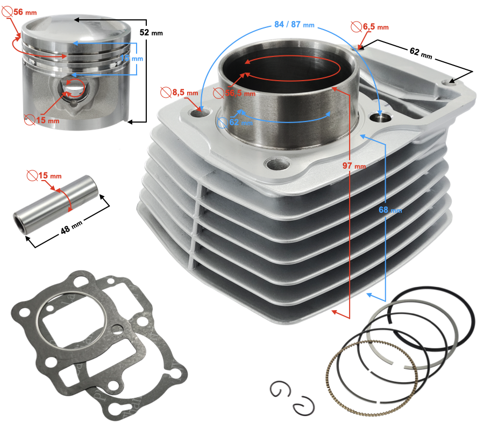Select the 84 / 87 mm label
(294, 24)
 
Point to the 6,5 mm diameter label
(374, 26)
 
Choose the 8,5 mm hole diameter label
(185, 92)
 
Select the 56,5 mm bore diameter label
(240, 93)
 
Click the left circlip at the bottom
(280, 390)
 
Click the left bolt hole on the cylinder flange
(202, 113)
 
